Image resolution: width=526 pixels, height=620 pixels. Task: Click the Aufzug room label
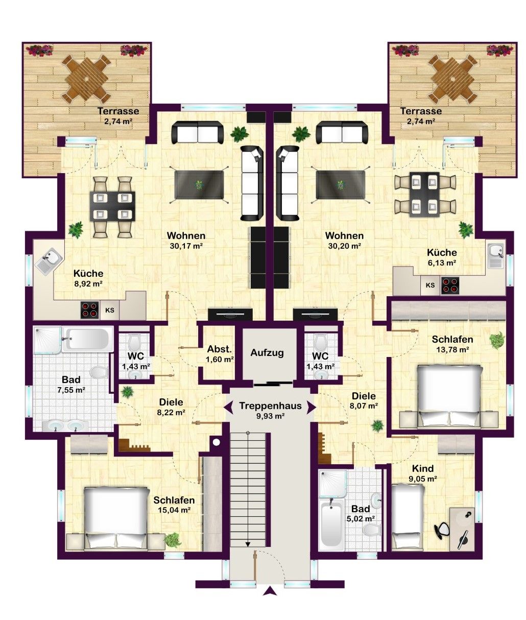pyautogui.click(x=267, y=353)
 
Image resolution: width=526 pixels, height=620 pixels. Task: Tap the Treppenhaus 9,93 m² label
pyautogui.click(x=270, y=410)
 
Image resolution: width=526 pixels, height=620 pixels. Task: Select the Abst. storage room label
pyautogui.click(x=220, y=349)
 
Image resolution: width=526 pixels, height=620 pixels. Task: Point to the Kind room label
pyautogui.click(x=422, y=468)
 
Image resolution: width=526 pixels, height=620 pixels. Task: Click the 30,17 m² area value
pyautogui.click(x=186, y=246)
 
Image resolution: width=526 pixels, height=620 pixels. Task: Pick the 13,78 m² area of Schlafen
pyautogui.click(x=452, y=349)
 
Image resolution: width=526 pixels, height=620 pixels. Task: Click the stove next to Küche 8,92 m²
pyautogui.click(x=90, y=310)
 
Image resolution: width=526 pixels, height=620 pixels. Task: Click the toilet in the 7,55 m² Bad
pyautogui.click(x=99, y=372)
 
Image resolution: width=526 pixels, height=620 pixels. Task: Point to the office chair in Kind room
pyautogui.click(x=442, y=529)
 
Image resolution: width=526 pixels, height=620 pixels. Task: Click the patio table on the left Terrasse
pyautogui.click(x=86, y=79)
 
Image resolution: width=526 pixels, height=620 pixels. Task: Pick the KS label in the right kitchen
pyautogui.click(x=430, y=285)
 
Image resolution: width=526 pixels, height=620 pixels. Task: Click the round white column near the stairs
pyautogui.click(x=217, y=442)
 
